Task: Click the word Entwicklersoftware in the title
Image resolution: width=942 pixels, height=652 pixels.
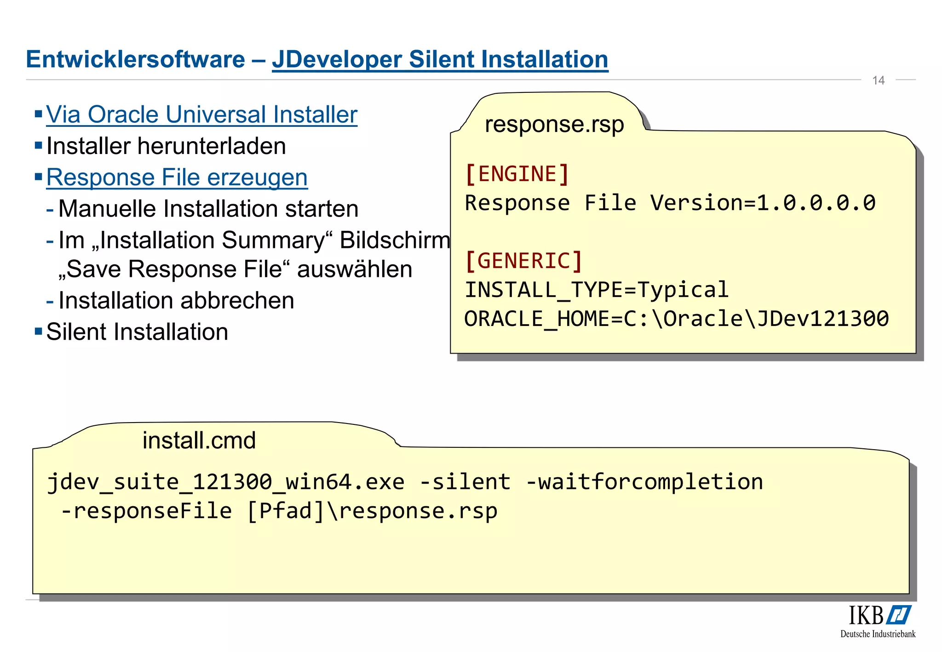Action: [x=135, y=60]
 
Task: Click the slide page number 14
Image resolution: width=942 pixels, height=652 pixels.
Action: [x=878, y=80]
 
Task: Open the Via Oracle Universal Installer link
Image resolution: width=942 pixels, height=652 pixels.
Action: [x=201, y=114]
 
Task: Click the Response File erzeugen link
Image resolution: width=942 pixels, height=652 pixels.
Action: [x=177, y=177]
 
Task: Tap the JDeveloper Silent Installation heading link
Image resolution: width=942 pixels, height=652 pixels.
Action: [x=440, y=60]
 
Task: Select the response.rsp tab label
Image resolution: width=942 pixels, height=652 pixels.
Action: [x=554, y=125]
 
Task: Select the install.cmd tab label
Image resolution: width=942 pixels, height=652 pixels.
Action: [x=199, y=440]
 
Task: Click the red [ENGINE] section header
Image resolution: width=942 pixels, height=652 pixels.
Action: [x=517, y=174]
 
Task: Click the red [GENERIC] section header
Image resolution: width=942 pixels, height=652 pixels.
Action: [x=523, y=261]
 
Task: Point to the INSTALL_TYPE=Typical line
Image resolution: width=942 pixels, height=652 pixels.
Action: [x=596, y=290]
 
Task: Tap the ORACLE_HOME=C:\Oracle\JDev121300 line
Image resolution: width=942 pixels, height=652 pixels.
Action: [x=676, y=319]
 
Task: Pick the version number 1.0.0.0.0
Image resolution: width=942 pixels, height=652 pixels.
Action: [x=816, y=203]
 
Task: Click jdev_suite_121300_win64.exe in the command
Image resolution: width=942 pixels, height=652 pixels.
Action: [x=225, y=482]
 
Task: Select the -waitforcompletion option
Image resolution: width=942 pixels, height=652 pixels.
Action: [x=644, y=482]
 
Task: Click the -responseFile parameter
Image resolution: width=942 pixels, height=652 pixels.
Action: [x=146, y=511]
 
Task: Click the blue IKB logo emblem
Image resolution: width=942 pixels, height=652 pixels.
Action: [x=899, y=615]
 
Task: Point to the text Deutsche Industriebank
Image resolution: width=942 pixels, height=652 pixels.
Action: [x=878, y=634]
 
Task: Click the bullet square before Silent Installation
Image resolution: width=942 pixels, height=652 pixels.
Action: [x=39, y=331]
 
